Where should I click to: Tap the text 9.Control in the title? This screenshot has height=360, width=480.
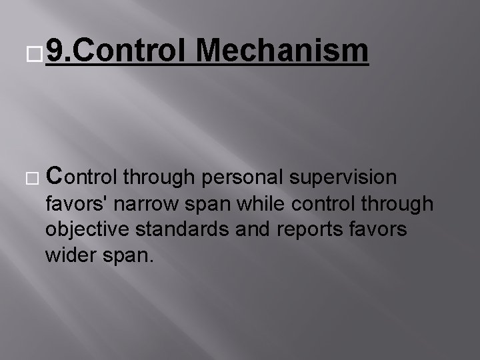click(118, 51)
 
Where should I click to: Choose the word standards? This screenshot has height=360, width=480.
click(180, 229)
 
